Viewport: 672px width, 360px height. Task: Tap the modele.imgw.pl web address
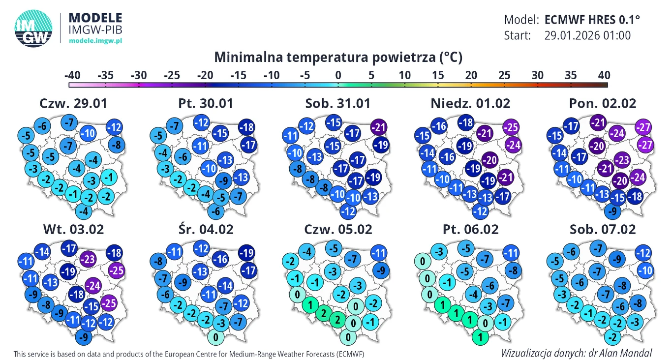[x=95, y=40]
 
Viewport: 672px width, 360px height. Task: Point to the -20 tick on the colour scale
[x=205, y=76]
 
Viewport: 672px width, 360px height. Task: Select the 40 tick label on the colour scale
[x=604, y=76]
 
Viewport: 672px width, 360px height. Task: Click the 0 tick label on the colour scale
[x=338, y=76]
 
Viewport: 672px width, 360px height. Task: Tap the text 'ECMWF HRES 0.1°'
[x=592, y=20]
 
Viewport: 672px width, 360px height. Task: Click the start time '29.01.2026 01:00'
[x=587, y=35]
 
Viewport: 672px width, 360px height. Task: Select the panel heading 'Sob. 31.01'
[x=338, y=103]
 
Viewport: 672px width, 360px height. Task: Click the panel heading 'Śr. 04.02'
[x=206, y=229]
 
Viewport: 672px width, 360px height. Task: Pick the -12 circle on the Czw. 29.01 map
[x=114, y=127]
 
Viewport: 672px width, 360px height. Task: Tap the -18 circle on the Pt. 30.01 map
[x=247, y=127]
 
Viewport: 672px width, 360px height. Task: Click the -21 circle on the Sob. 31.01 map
[x=379, y=127]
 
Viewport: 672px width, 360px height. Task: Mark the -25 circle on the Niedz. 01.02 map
[x=512, y=127]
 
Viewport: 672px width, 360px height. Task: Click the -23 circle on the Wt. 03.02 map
[x=89, y=259]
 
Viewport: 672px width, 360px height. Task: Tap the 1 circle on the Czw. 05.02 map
[x=310, y=305]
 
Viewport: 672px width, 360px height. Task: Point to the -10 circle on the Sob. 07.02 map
[x=645, y=270]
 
